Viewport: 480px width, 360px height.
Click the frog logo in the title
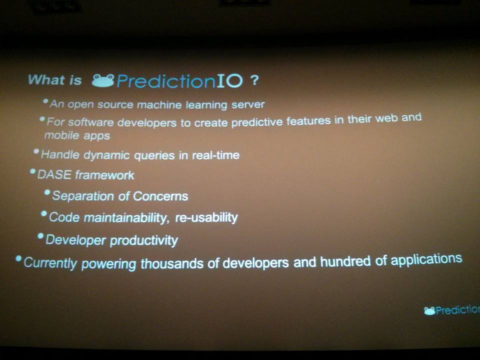103,81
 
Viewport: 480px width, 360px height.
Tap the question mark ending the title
254,80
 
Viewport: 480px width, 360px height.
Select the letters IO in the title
229,80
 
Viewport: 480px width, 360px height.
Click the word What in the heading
46,79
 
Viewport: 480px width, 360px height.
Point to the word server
248,104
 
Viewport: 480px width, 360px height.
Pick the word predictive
257,122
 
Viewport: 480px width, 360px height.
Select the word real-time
216,155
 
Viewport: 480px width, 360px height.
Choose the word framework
104,175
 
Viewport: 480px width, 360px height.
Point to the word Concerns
160,196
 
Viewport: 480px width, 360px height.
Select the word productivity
144,240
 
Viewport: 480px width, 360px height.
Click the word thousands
172,263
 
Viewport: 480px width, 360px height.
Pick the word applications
426,260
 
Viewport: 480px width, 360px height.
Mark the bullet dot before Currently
18,258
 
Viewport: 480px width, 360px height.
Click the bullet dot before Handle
36,151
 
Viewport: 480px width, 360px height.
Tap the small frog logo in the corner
429,311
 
